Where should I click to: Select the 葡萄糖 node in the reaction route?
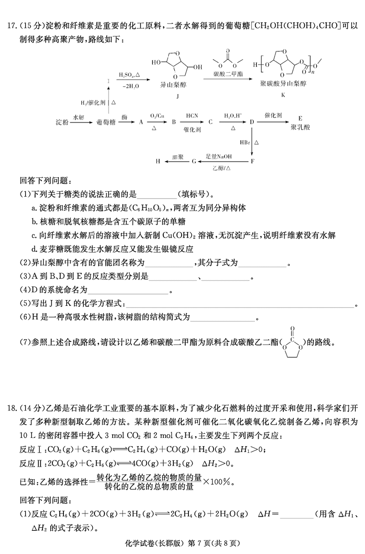pos(105,122)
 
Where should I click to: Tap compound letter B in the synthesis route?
pos(174,122)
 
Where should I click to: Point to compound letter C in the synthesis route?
pos(210,122)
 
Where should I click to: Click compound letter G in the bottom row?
pos(194,161)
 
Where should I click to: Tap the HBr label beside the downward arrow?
pos(244,142)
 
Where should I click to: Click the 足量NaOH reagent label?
pos(219,157)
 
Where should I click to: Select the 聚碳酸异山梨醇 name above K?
pos(282,85)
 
